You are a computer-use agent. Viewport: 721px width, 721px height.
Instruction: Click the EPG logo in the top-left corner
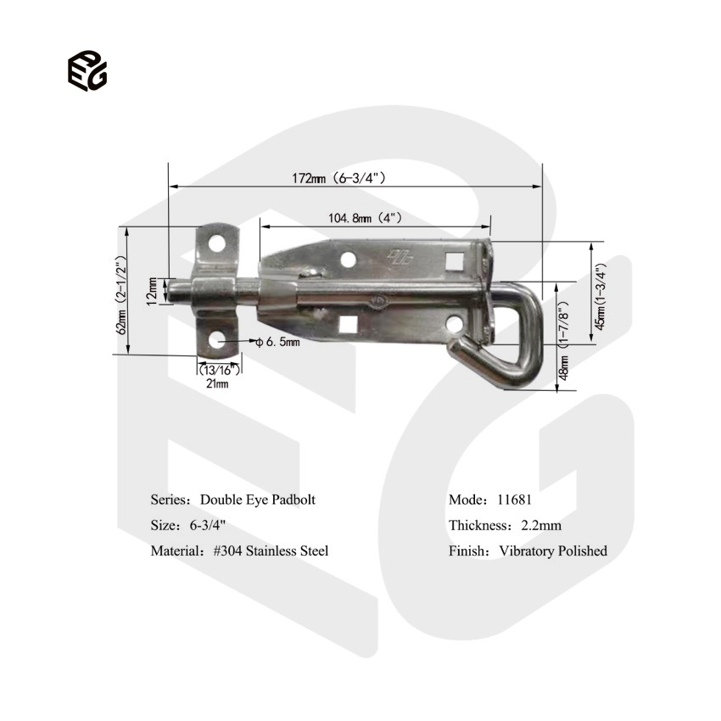(x=87, y=70)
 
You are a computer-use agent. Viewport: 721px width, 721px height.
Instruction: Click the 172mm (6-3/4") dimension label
(x=339, y=178)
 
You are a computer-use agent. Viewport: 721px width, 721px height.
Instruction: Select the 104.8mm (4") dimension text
(x=365, y=218)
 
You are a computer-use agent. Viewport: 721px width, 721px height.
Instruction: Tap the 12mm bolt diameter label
(x=151, y=291)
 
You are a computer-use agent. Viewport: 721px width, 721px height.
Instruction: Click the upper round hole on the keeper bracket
(x=217, y=243)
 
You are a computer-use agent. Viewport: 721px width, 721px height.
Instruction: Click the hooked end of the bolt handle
(x=462, y=348)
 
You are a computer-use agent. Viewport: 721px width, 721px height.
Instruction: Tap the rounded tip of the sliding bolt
(x=173, y=291)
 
